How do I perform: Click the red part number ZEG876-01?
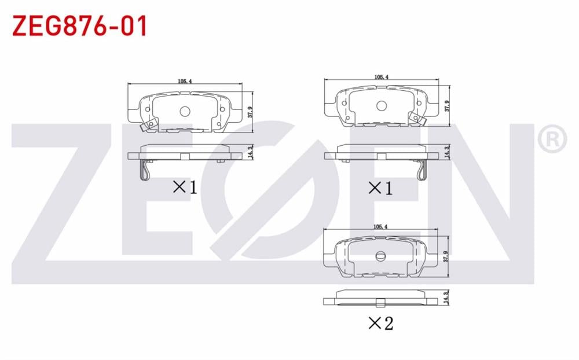(x=80, y=26)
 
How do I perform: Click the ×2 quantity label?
(x=381, y=324)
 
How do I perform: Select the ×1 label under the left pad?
(x=185, y=187)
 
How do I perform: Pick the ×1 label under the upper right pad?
(x=380, y=189)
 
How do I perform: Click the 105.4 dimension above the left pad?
(x=185, y=81)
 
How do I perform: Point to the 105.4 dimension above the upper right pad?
(x=382, y=77)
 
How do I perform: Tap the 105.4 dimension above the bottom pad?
(x=380, y=227)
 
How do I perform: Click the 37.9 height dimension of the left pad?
(x=250, y=112)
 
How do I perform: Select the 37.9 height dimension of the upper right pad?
(x=448, y=106)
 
